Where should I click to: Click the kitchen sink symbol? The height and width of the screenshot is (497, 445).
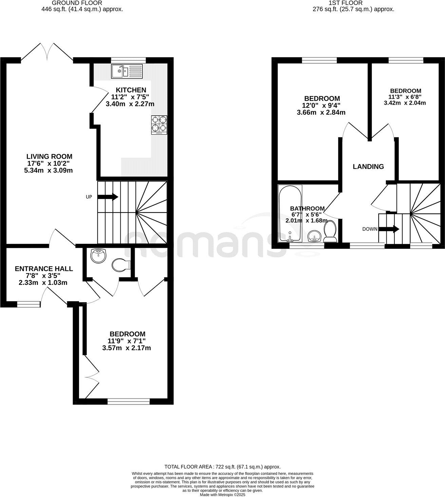(128, 71)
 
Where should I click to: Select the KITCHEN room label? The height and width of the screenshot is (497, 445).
(131, 90)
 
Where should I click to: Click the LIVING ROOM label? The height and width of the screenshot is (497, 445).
(50, 157)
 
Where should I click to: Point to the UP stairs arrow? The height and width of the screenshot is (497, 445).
(108, 197)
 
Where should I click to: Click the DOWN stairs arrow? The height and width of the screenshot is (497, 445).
(389, 229)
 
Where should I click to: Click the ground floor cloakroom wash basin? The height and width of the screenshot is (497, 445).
(98, 256)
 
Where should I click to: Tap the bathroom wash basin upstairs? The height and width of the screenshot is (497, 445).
(315, 236)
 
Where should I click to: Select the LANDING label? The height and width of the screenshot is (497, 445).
(368, 167)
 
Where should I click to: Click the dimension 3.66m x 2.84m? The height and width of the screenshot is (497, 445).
(321, 112)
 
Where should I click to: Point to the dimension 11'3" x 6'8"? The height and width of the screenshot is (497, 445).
(405, 97)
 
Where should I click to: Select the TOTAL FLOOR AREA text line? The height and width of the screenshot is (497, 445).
(222, 467)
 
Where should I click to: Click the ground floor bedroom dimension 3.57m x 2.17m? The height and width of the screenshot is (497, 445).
(127, 348)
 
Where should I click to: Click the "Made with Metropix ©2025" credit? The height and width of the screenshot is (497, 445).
(222, 495)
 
